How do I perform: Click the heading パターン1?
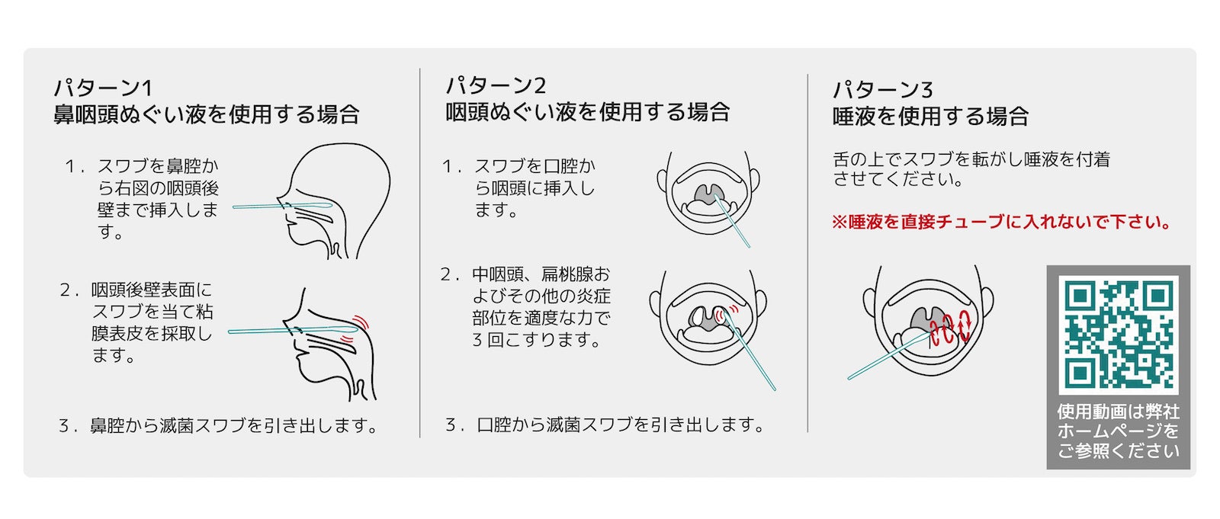(103, 88)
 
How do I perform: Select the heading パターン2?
(496, 85)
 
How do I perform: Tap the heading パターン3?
(883, 89)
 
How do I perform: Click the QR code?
(1118, 335)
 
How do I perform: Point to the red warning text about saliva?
(1001, 222)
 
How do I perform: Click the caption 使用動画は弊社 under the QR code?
(1118, 412)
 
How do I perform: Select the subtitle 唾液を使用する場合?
(930, 116)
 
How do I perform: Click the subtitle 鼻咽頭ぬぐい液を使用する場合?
(207, 114)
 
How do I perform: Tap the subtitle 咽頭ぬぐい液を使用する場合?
(588, 111)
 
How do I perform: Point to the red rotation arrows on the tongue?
(950, 327)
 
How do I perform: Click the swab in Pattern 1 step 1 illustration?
(283, 206)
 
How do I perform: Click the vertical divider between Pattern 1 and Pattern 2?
(420, 253)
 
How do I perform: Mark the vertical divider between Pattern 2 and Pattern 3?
(807, 253)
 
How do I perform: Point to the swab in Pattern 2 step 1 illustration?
(732, 220)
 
